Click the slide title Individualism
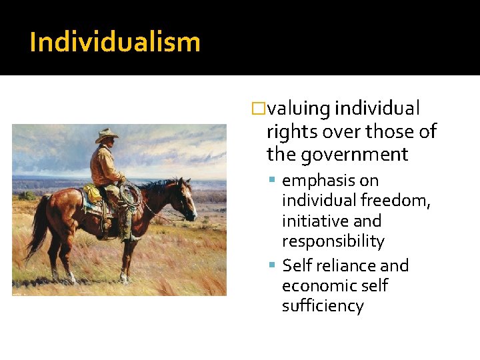click(115, 42)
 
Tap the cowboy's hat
click(106, 135)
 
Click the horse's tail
click(37, 227)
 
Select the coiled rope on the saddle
click(131, 194)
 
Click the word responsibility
click(333, 241)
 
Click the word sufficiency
click(323, 306)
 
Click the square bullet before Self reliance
click(274, 266)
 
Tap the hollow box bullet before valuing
click(259, 109)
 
